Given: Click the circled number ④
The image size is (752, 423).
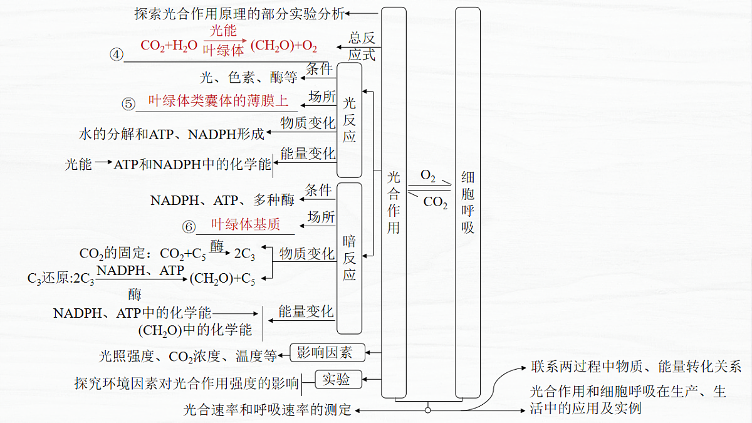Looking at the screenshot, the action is (x=117, y=55).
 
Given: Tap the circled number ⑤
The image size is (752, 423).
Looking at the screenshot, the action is (x=128, y=104).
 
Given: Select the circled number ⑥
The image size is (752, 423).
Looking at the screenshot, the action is (x=189, y=227).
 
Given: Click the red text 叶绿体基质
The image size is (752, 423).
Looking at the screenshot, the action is (x=246, y=224).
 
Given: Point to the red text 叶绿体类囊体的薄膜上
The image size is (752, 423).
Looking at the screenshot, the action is (x=218, y=101).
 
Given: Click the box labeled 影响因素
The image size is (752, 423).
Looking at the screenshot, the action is (x=327, y=352).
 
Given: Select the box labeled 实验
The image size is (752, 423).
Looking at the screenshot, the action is (x=338, y=379).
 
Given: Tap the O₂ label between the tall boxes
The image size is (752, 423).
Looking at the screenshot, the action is (x=427, y=175).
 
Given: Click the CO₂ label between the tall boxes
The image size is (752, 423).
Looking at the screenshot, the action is (x=436, y=202).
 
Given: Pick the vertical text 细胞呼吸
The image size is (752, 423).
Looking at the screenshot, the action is (x=467, y=202).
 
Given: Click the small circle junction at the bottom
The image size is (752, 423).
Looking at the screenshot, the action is (x=427, y=410).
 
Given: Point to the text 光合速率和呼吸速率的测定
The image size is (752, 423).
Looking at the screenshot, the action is (x=267, y=410).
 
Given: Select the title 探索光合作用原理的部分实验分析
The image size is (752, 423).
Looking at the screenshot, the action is (x=239, y=14).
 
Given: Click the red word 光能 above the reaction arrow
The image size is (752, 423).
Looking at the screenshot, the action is (x=223, y=31).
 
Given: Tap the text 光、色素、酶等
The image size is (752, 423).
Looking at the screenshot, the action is (x=248, y=78).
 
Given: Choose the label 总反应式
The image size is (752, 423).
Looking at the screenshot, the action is (x=362, y=46).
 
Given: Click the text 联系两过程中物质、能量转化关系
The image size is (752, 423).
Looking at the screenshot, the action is (x=636, y=367).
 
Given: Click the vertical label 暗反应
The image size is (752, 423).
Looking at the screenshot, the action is (x=349, y=258).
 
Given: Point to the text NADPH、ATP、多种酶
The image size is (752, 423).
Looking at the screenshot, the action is (x=222, y=201).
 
